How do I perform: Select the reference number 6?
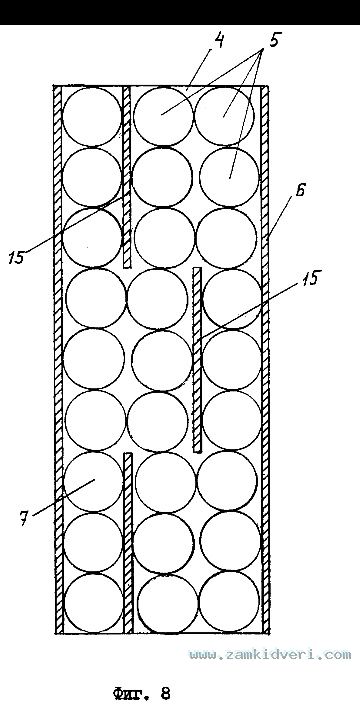tap(299, 191)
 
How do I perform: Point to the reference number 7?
tap(24, 518)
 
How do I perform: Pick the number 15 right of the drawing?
tap(308, 278)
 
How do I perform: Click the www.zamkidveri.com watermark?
tap(270, 655)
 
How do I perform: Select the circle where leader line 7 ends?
tap(93, 481)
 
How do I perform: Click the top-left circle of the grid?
tap(92, 117)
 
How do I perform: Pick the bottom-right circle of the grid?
tap(229, 602)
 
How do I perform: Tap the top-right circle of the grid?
tap(225, 116)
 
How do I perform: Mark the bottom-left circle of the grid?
tap(93, 603)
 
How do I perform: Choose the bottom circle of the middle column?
tap(168, 604)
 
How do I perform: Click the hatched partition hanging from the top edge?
tap(127, 176)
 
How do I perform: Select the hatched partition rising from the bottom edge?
tap(128, 543)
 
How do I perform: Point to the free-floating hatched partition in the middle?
tap(197, 360)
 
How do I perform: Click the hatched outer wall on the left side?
tap(58, 359)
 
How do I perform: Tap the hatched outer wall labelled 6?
tap(265, 359)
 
